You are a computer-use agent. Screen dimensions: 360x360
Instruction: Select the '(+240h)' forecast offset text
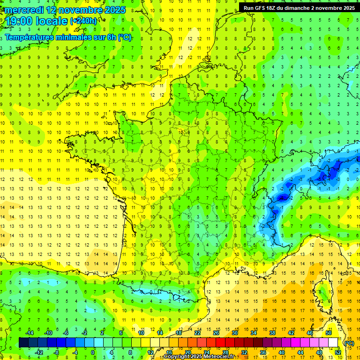point(83,21)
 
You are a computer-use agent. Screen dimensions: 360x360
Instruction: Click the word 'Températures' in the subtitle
point(29,37)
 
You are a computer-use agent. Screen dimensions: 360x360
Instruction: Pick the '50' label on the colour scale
point(329,333)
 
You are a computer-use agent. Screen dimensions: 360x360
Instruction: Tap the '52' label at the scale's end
point(337,352)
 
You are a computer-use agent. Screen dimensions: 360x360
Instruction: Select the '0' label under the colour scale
point(93,352)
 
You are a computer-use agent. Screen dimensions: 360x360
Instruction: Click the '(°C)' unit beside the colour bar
point(349,343)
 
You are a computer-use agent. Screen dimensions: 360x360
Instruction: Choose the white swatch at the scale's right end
point(333,343)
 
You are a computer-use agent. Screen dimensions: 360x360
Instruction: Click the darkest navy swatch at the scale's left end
point(23,343)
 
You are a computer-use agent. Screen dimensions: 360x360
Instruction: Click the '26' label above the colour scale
point(216,333)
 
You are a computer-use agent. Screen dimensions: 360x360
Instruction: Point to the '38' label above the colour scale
point(272,333)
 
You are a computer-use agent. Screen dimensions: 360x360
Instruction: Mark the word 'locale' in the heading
point(51,21)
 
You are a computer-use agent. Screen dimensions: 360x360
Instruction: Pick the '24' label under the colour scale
point(207,352)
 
